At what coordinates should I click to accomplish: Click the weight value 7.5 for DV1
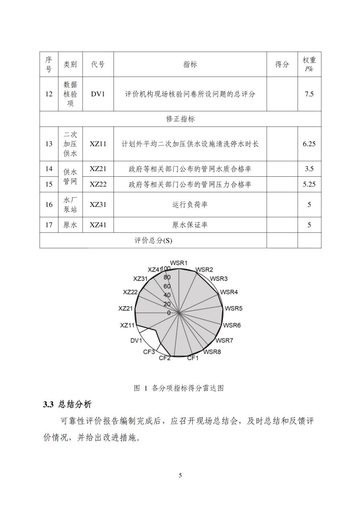[309, 94]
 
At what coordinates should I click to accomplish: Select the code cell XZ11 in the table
[98, 144]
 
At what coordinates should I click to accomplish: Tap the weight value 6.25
[309, 144]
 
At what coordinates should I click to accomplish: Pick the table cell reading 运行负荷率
[190, 204]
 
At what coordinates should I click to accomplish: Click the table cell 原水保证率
[190, 225]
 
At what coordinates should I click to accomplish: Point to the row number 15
[49, 184]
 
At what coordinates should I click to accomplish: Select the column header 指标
[190, 64]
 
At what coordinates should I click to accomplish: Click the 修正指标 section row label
[180, 119]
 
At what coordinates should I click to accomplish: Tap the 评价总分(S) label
[153, 240]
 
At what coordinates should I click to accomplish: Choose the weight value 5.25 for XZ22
[309, 184]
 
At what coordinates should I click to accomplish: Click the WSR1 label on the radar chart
[178, 263]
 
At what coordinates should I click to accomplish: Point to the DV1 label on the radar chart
[136, 341]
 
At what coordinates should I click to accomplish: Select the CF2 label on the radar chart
[164, 358]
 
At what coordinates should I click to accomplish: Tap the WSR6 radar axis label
[232, 325]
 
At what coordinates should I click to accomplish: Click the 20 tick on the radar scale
[167, 304]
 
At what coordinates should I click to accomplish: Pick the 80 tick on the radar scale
[167, 277]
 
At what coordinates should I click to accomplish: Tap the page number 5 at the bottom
[180, 476]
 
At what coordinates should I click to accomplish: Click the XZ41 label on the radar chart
[155, 270]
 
